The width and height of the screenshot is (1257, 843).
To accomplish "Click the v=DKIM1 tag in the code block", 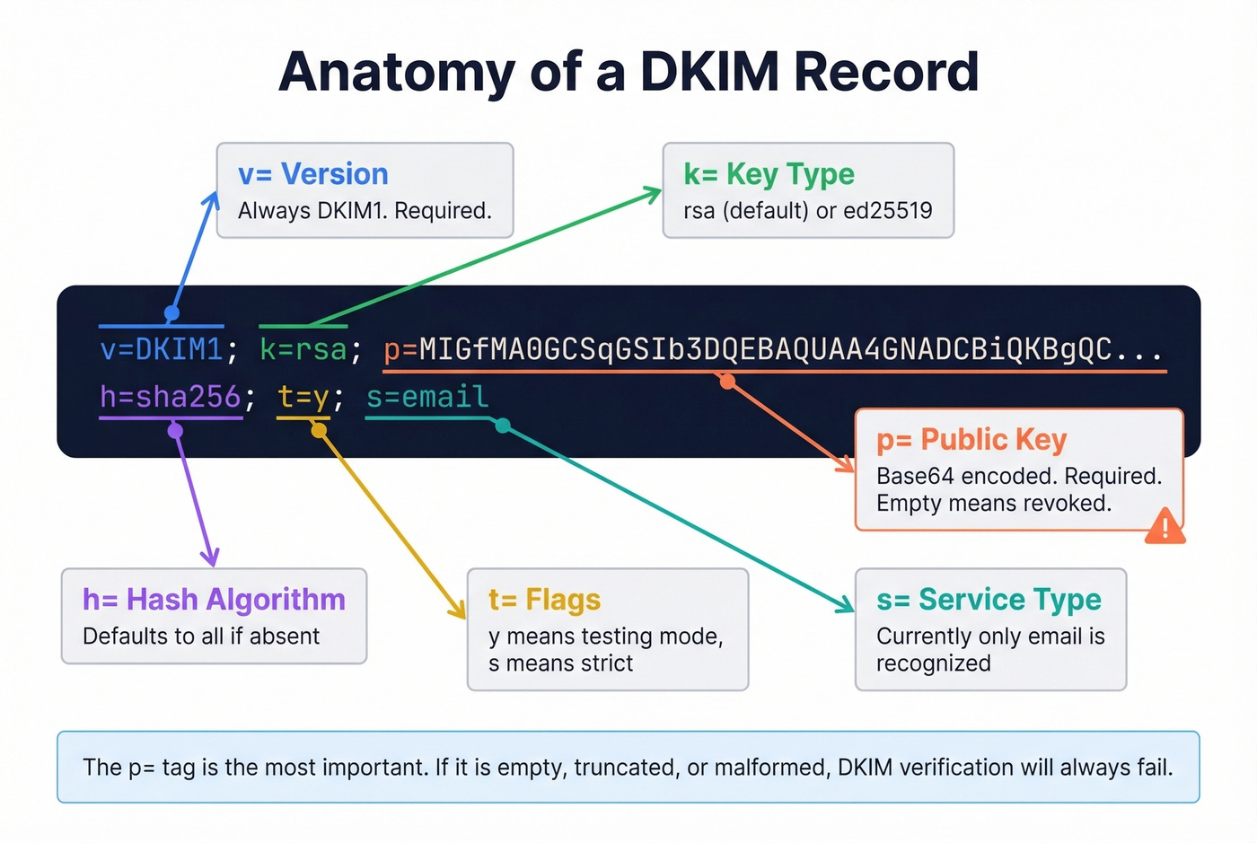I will (x=162, y=349).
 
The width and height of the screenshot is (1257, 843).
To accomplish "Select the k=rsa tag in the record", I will (x=303, y=349).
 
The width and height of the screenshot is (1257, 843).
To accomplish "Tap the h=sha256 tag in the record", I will (x=171, y=397).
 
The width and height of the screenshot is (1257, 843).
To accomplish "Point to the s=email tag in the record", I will (x=427, y=397).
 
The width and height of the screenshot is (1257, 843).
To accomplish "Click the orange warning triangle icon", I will (x=1165, y=527).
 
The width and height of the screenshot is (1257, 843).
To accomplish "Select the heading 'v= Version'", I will (x=312, y=174).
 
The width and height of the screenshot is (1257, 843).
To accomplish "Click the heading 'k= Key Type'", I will (x=769, y=174).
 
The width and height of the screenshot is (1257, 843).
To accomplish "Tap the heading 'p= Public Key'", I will (x=971, y=440).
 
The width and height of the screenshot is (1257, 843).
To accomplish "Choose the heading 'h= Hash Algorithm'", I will (x=214, y=600).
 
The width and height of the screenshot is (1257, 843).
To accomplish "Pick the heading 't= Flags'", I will (x=544, y=600).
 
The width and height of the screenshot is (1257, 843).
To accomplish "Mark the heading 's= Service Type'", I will (x=989, y=600).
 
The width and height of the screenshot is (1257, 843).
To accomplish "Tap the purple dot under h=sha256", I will (x=176, y=431).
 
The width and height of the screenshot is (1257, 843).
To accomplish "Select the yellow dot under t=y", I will (x=319, y=431).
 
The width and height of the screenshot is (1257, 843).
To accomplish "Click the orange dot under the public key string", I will (x=728, y=382).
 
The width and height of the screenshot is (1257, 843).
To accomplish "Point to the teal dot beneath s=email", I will (x=504, y=426).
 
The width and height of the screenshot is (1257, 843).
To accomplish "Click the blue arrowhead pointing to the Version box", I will (x=213, y=198).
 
